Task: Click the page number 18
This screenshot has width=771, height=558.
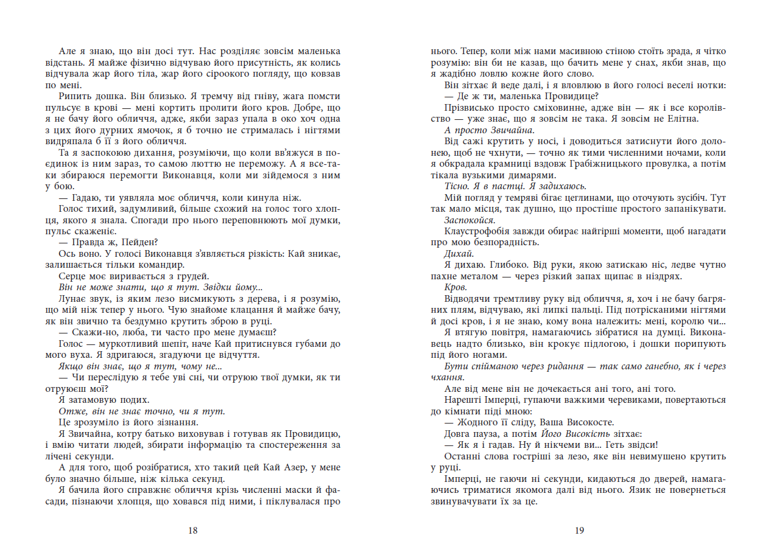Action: [x=193, y=530]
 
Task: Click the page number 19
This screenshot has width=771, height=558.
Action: [x=579, y=530]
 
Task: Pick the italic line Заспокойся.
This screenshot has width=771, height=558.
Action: [x=470, y=220]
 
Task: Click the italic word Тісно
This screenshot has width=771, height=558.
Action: [x=457, y=186]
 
